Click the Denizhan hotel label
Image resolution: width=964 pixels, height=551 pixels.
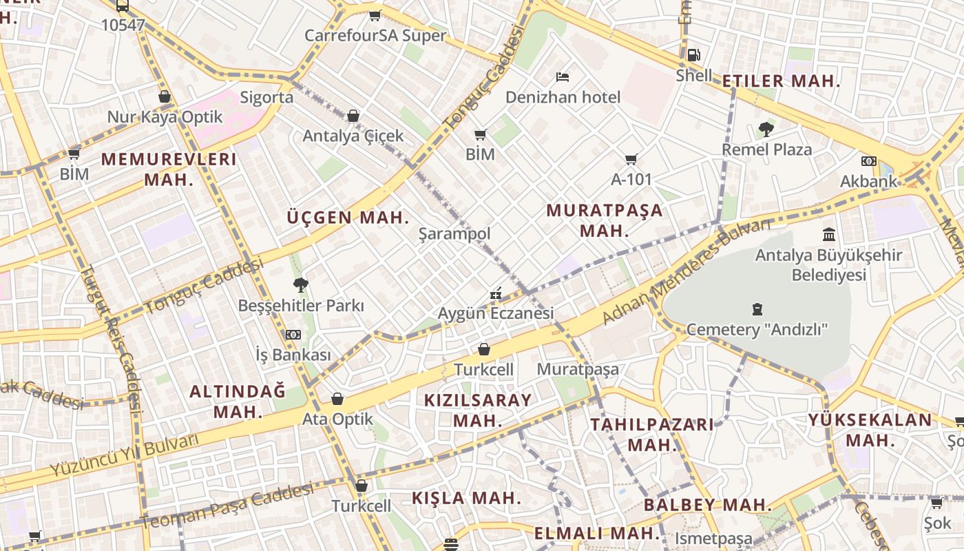click(563, 97)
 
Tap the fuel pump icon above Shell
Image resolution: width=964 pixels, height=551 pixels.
click(693, 55)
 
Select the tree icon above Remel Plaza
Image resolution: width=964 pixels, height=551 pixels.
click(766, 129)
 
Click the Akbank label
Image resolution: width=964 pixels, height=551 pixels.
click(868, 181)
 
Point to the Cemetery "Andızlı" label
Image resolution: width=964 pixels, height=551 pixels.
click(757, 329)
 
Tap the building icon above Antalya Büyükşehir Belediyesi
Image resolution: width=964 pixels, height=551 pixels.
click(828, 234)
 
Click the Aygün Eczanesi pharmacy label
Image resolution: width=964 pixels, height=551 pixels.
click(496, 313)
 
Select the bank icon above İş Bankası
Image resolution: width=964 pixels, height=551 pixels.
click(293, 335)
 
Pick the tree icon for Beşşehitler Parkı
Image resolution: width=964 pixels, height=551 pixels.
click(300, 284)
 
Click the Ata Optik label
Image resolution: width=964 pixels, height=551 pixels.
click(337, 419)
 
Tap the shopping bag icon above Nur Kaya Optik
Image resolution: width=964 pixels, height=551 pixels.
click(165, 96)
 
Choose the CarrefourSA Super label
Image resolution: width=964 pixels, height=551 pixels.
click(375, 35)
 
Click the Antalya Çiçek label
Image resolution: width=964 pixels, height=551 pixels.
click(353, 136)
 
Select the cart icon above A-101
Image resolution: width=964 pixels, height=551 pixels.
click(631, 159)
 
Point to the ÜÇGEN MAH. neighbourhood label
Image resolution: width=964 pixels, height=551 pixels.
click(348, 218)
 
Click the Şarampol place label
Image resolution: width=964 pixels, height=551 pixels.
click(454, 233)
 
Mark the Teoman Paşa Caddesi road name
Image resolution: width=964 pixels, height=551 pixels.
click(227, 506)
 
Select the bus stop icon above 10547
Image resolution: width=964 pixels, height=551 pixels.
click(123, 6)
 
